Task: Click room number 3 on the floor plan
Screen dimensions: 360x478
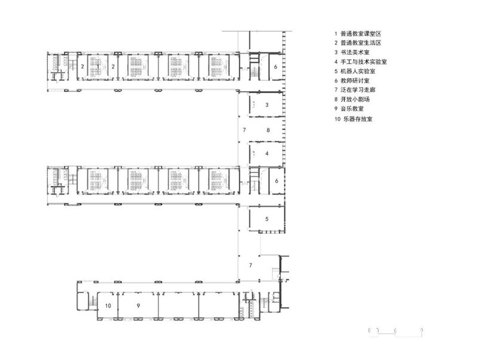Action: pos(267,105)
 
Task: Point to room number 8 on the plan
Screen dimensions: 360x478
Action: pos(268,130)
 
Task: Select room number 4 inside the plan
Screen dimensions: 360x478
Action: pos(267,153)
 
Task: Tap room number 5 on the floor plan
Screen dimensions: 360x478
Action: pos(267,219)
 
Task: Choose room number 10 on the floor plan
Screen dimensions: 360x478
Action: pos(108,306)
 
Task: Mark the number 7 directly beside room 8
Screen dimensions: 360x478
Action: pos(244,130)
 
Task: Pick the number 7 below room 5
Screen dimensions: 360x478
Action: pos(250,264)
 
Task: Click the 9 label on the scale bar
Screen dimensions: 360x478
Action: pos(422,330)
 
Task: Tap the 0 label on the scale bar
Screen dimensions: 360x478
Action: pos(370,330)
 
